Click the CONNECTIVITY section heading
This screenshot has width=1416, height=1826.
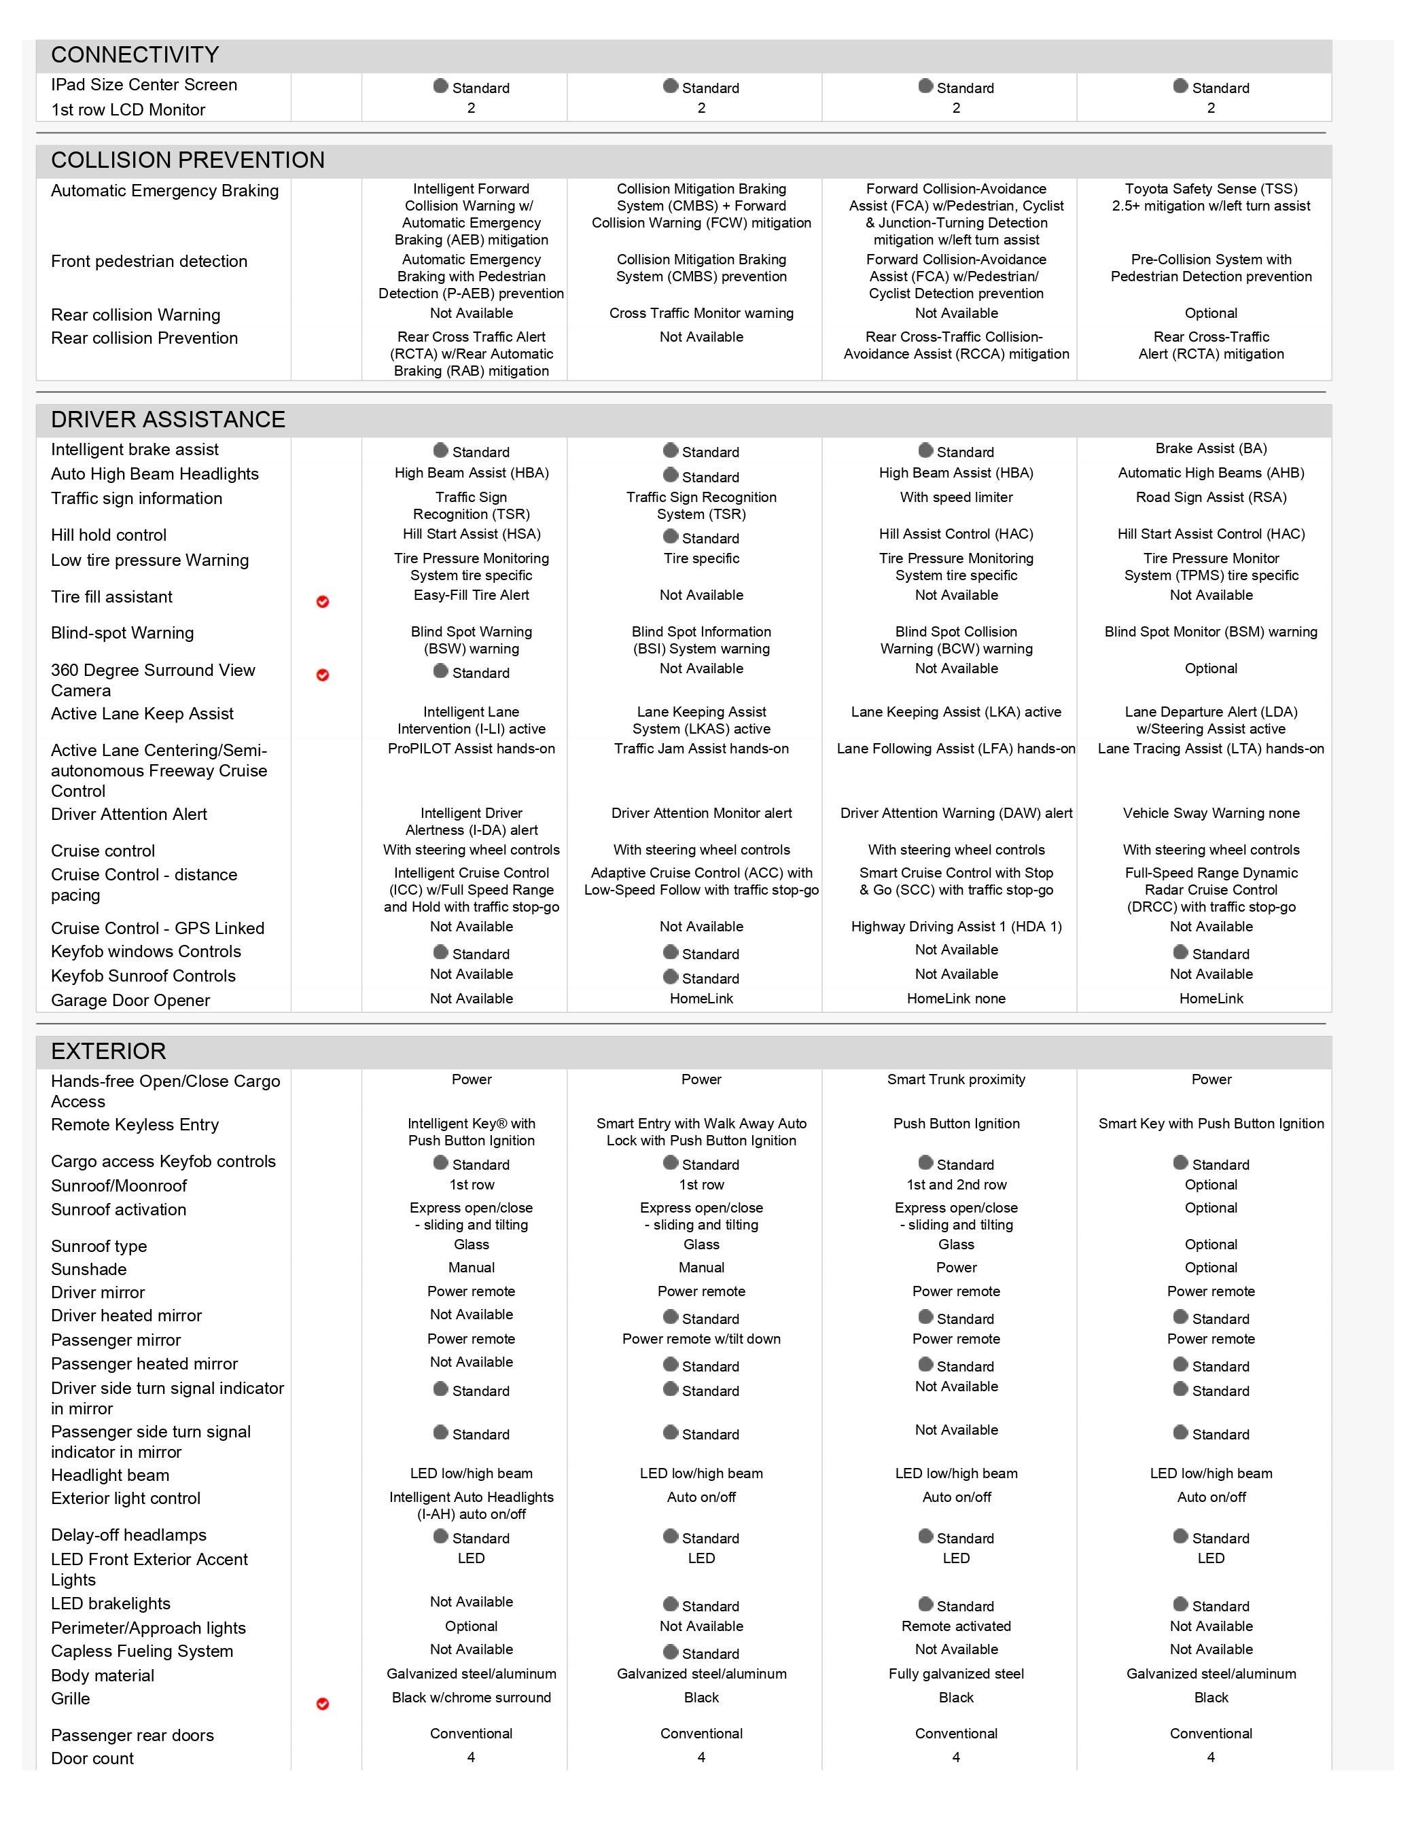[x=135, y=55]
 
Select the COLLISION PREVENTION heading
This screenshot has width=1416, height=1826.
[x=188, y=160]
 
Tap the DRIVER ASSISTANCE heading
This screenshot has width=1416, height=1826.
[x=168, y=420]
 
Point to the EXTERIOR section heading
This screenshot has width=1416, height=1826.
[x=109, y=1051]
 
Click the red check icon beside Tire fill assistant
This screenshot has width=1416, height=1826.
[x=323, y=602]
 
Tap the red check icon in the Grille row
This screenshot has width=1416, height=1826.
[x=323, y=1704]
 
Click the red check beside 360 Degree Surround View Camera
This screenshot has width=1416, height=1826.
[x=323, y=675]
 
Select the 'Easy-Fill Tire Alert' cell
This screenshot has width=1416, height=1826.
[x=471, y=595]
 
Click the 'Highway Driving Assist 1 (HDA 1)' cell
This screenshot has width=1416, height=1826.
[x=956, y=927]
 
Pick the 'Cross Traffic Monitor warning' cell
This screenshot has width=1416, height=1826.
[x=701, y=314]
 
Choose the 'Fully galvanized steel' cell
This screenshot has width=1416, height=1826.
[x=956, y=1674]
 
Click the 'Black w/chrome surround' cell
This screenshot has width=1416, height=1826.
[x=471, y=1697]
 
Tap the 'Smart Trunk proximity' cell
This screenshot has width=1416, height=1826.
[x=956, y=1079]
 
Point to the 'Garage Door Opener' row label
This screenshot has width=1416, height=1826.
[x=130, y=1000]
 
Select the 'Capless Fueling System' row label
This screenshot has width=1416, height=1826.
[x=142, y=1651]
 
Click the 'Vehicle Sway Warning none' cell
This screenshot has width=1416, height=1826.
[x=1210, y=814]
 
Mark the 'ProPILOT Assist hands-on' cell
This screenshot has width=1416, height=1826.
[x=471, y=749]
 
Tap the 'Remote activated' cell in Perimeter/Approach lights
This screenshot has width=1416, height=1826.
[x=956, y=1626]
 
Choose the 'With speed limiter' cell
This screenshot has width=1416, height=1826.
[x=956, y=497]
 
